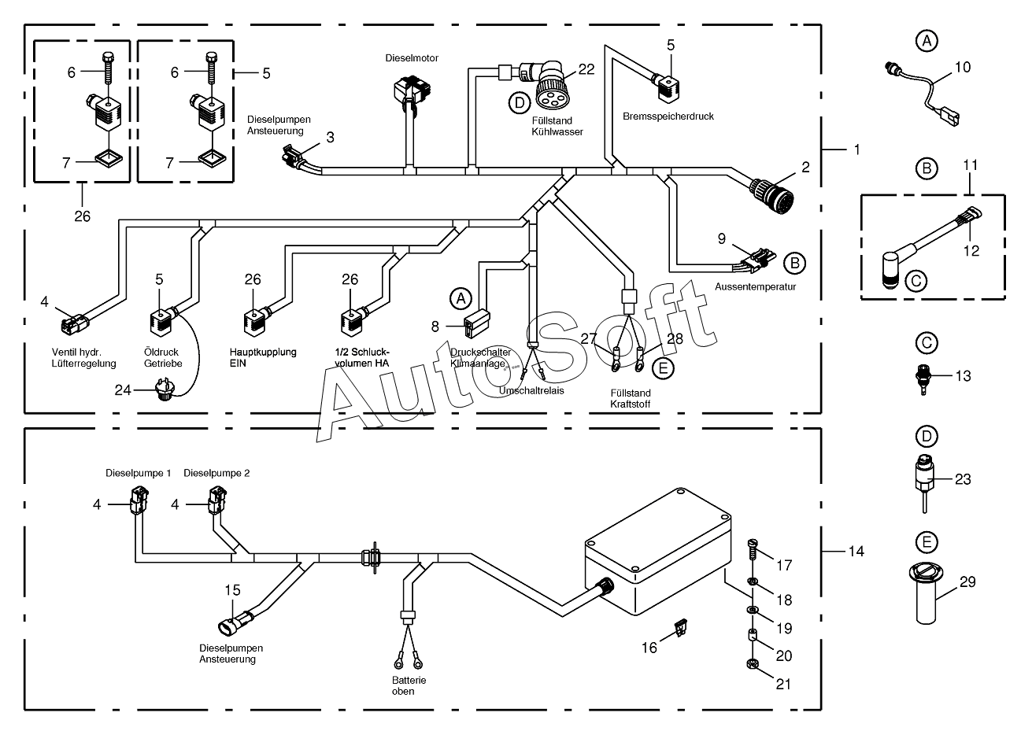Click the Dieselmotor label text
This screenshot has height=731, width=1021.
[412, 58]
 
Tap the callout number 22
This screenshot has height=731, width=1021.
[586, 69]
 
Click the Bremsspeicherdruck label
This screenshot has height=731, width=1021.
[668, 116]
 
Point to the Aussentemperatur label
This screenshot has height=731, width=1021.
[755, 286]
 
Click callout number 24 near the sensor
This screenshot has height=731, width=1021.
[123, 390]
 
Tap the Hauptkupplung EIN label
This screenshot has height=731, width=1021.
[263, 358]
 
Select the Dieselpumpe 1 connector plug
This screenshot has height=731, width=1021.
[139, 500]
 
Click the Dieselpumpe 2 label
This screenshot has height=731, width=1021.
[216, 473]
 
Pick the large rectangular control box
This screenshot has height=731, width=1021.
[659, 552]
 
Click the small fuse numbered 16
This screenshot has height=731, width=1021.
[681, 628]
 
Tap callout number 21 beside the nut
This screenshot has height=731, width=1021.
[783, 684]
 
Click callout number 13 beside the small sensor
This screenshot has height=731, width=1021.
[963, 376]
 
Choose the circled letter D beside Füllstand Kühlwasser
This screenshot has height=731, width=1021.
[520, 103]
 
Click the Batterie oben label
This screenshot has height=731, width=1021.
[409, 685]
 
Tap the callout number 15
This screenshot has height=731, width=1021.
[232, 590]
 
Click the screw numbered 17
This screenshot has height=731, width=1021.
[753, 550]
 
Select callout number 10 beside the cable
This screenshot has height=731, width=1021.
[963, 67]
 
